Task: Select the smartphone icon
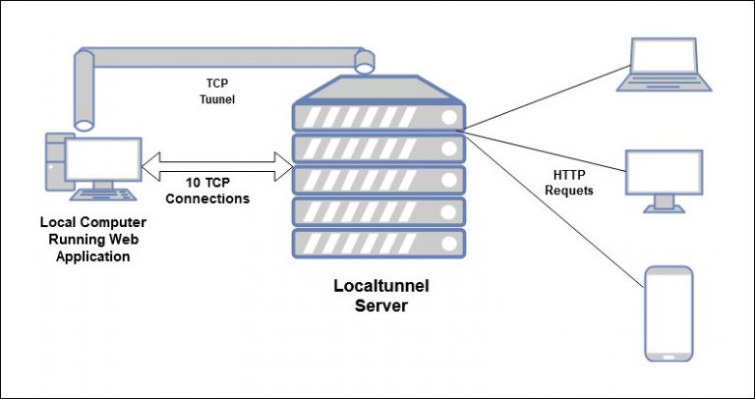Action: coord(668,312)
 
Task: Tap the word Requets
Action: coord(568,191)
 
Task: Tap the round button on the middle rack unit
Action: coord(450,180)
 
